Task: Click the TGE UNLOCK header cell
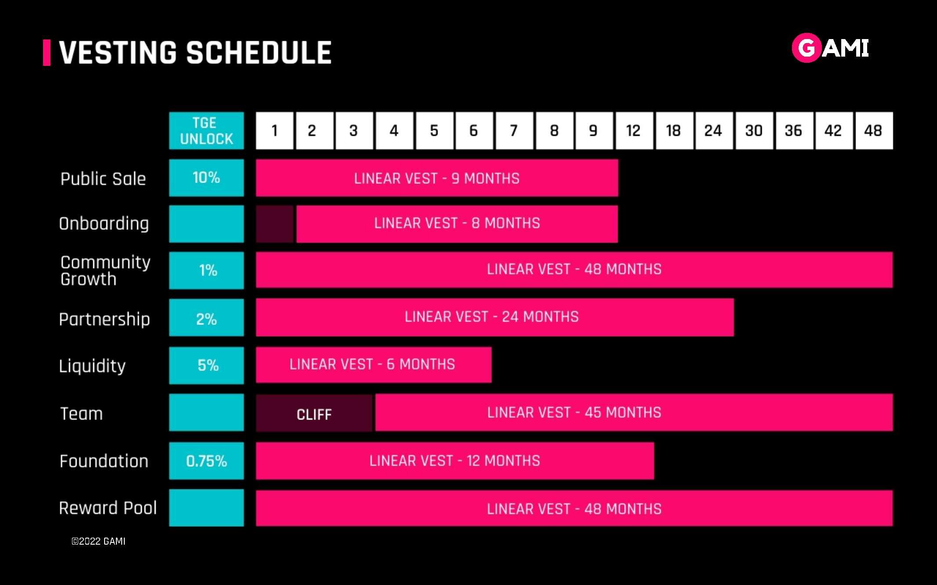(x=206, y=131)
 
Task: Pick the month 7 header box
(x=514, y=131)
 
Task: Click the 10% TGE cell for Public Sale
(x=206, y=178)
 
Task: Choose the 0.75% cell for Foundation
(x=206, y=461)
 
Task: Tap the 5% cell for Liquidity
(x=206, y=366)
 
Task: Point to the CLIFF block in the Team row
(x=314, y=413)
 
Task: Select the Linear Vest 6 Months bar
(x=374, y=365)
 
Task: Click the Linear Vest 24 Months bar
(x=495, y=317)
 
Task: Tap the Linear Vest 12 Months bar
(x=455, y=461)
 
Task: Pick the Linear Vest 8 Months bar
(x=457, y=224)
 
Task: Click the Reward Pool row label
(x=108, y=508)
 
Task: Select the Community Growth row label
(x=105, y=270)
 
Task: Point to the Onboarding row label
(x=104, y=224)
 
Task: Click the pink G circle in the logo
(x=807, y=48)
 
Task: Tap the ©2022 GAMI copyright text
(x=98, y=541)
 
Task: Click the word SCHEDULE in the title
(x=259, y=53)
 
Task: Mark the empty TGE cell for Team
(x=206, y=413)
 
